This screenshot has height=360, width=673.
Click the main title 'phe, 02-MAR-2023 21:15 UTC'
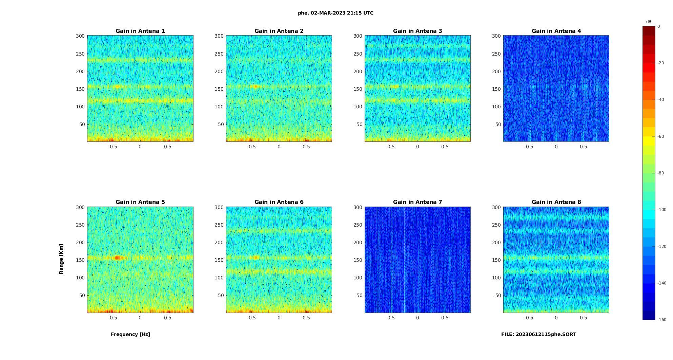[x=335, y=13]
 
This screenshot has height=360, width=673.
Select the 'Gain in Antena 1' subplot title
[x=140, y=31]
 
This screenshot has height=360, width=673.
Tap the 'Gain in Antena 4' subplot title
[x=556, y=31]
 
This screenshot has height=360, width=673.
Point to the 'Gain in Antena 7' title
[x=417, y=202]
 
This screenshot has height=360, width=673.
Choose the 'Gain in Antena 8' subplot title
[x=556, y=202]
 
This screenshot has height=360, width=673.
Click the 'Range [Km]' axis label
[x=61, y=259]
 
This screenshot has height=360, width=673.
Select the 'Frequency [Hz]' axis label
[x=130, y=334]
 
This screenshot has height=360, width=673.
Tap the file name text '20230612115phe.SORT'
[x=546, y=334]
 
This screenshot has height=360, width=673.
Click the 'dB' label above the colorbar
[x=649, y=22]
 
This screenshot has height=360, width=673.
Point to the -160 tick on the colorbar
[x=662, y=320]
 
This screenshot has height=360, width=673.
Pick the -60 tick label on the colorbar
[x=660, y=136]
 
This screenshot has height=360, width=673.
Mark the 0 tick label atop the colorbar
[x=658, y=26]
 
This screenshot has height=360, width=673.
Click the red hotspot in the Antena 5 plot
[x=118, y=258]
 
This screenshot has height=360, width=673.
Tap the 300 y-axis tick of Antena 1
[x=80, y=36]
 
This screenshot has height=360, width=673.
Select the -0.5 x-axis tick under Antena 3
[x=390, y=147]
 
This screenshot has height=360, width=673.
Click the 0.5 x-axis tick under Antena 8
[x=583, y=318]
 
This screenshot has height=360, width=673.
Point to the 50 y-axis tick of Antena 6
[x=221, y=295]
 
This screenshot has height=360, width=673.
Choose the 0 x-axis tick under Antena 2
[x=279, y=147]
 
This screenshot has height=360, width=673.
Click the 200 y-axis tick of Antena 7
[x=358, y=242]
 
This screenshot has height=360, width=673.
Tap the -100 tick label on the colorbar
[x=662, y=210]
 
